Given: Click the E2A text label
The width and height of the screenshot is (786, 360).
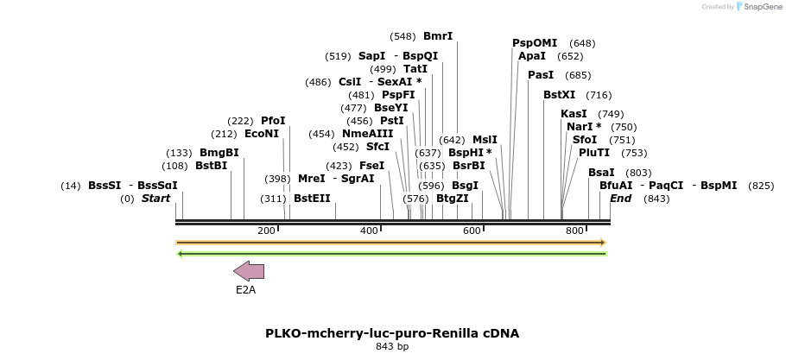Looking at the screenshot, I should coord(245,290).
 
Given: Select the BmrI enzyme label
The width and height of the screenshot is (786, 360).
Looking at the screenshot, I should coord(438,36).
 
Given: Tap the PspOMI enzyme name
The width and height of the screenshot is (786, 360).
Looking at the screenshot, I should coord(535,43).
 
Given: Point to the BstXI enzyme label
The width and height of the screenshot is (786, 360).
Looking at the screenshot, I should coord(560,95).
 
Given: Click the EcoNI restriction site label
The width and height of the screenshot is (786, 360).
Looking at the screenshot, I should coord(262,134).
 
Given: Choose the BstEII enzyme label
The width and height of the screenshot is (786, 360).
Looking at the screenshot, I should coord(312,198).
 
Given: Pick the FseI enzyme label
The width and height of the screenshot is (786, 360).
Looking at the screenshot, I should coord(371,166).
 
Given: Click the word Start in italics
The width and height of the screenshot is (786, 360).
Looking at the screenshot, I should coord(156,198).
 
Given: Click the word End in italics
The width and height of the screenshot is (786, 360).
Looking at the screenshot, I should coord(621,198).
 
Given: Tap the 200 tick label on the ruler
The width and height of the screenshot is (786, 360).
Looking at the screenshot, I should coord(266,231).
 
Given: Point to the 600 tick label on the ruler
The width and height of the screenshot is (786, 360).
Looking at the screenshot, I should coord(472,231).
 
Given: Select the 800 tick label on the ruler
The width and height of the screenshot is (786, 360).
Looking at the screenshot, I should coord(574,231).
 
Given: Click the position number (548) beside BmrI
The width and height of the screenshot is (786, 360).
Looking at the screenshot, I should coord(403,36).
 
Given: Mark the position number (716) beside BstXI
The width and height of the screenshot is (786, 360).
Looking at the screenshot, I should coord(599,95).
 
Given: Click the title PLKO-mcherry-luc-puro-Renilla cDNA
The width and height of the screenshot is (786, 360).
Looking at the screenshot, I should coord(392,333).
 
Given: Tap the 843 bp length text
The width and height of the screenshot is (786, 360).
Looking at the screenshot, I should coord(392,347).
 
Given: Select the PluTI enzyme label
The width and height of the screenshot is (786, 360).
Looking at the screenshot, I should coord(594,153).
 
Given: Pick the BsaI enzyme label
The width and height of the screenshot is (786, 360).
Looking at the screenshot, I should coord(601,173).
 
